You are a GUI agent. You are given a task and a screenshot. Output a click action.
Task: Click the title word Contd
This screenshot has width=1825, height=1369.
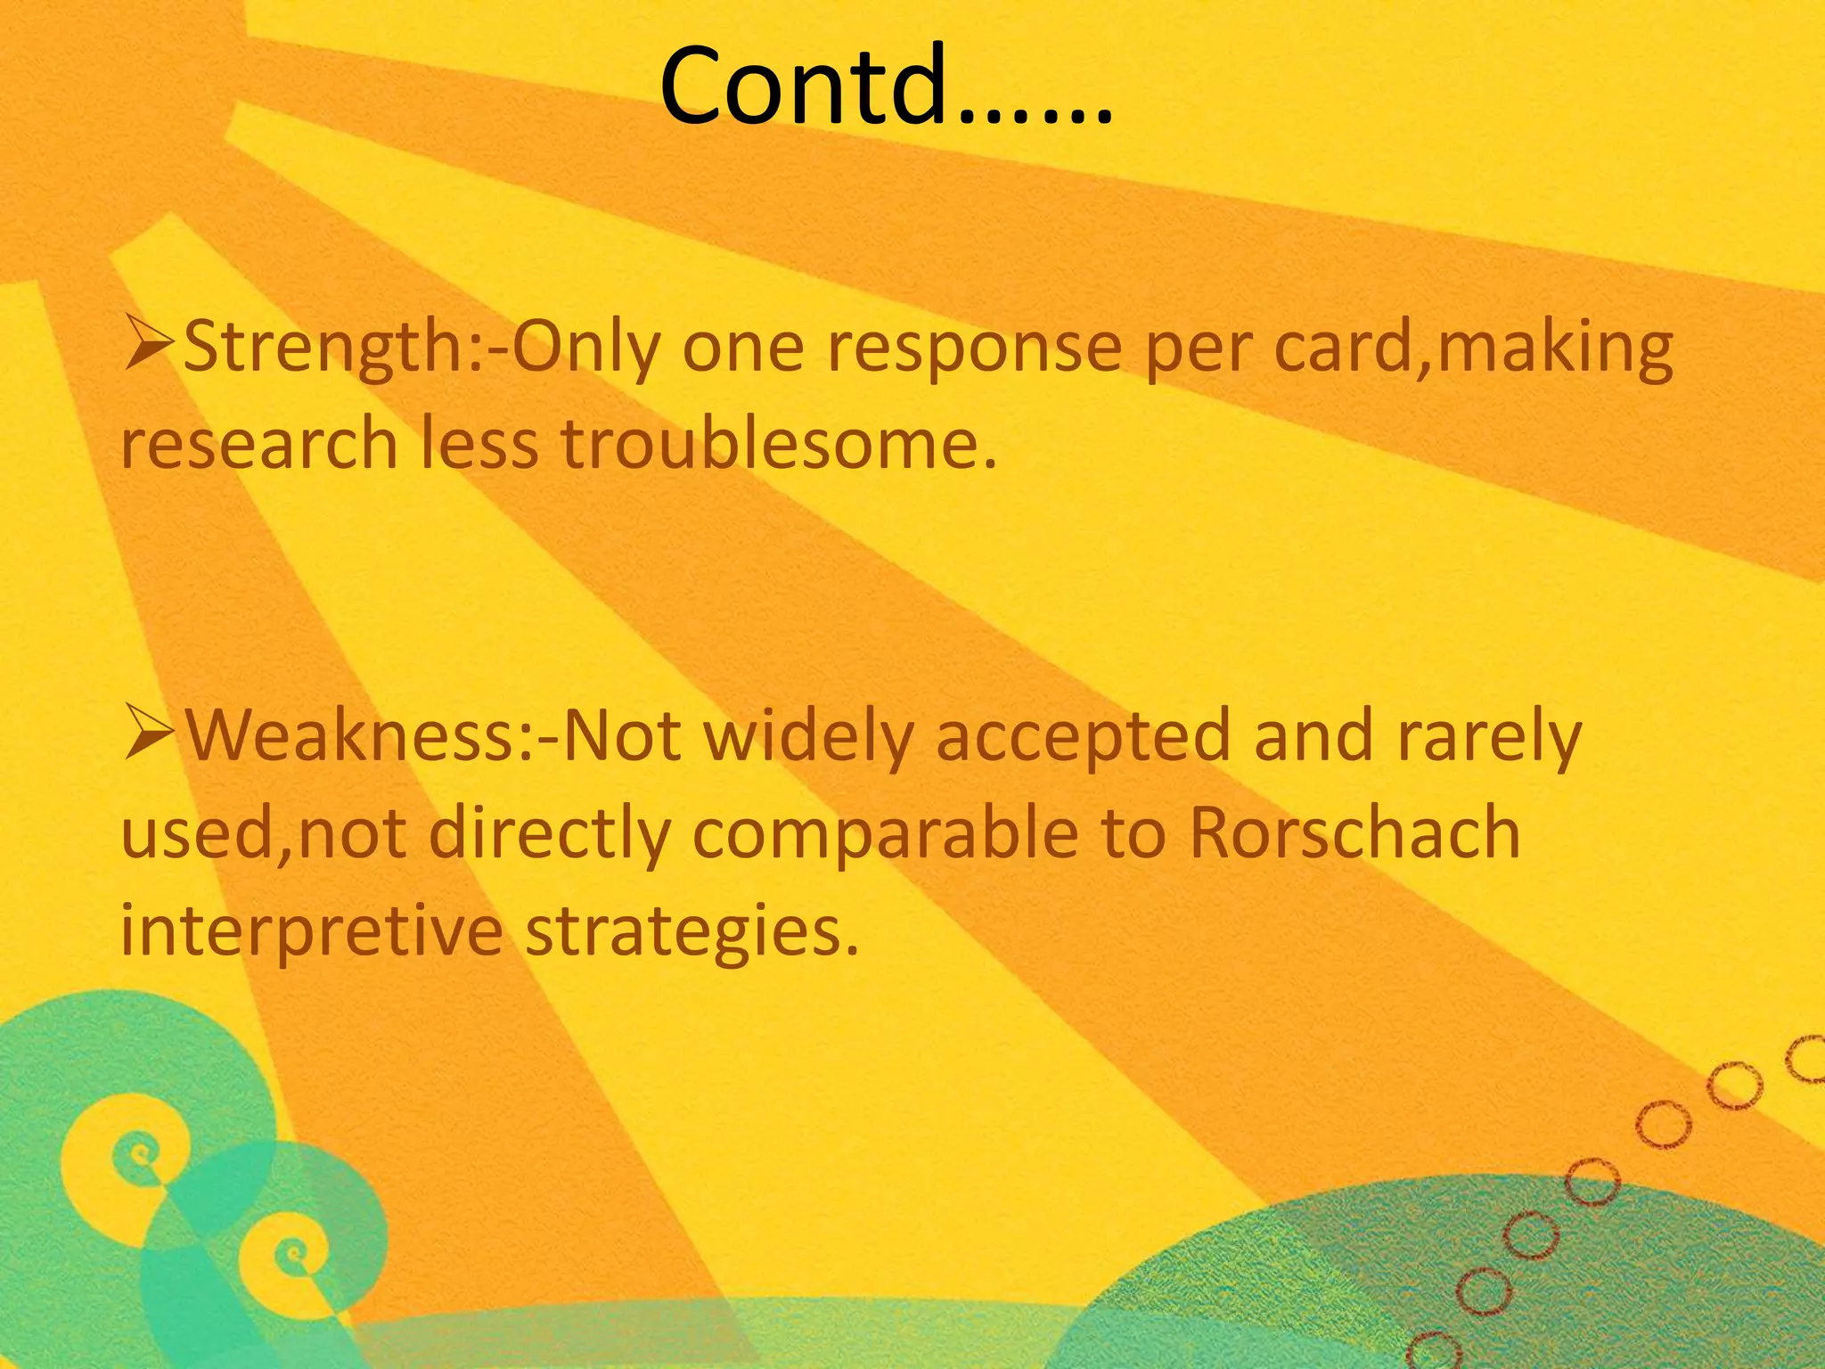887,86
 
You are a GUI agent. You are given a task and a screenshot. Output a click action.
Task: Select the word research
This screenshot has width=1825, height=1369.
259,445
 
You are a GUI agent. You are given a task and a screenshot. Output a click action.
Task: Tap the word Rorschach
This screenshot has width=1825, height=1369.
1354,833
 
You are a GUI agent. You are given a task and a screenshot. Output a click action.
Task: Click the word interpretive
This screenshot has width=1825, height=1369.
312,931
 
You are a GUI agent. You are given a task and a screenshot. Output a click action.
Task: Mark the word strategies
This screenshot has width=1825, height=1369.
692,931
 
